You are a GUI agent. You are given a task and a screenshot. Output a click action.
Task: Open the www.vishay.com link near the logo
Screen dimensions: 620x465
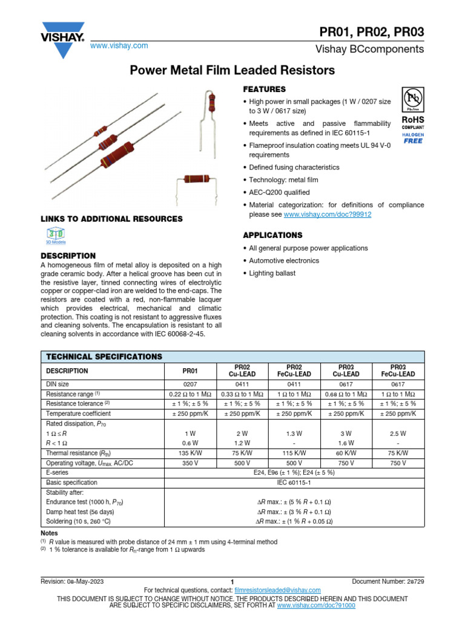[119, 46]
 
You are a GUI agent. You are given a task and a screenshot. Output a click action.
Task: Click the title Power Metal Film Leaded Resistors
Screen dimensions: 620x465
[232, 71]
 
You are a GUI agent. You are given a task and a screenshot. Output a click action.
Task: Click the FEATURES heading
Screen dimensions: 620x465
[264, 89]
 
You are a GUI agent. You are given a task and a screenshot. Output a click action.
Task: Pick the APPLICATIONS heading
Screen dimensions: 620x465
[272, 235]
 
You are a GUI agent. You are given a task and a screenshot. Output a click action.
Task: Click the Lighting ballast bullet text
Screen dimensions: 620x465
[272, 274]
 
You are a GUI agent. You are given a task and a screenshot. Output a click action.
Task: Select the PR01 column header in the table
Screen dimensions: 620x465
[191, 371]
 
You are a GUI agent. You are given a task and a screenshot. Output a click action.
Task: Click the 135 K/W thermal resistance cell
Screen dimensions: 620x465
[191, 453]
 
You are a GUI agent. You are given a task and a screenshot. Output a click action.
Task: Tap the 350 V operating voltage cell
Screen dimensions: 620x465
[191, 462]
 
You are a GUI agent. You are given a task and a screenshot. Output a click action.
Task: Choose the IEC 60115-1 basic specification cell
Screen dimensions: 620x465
[294, 483]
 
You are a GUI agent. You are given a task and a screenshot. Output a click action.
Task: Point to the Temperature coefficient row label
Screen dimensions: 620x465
[79, 414]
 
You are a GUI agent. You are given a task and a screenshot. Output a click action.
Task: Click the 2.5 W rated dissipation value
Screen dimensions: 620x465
[398, 434]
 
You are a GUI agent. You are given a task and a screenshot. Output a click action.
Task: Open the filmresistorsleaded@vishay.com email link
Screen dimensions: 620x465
[277, 590]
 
